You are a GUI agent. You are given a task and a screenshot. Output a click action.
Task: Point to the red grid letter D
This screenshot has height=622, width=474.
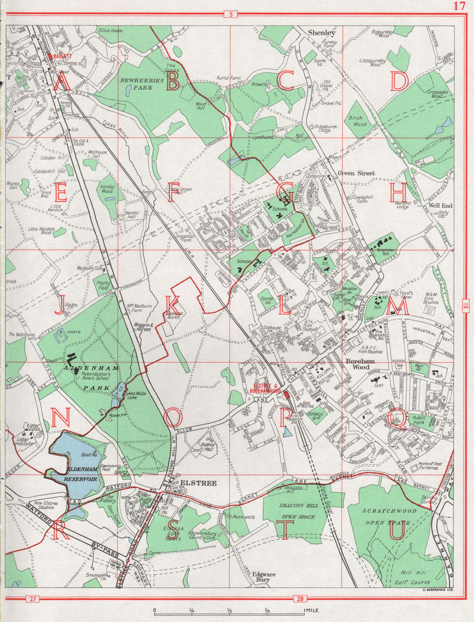point(399,82)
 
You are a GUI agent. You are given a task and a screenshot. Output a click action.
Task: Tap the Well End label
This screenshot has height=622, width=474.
point(440,206)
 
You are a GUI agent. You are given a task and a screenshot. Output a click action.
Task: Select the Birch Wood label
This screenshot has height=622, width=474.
point(358,121)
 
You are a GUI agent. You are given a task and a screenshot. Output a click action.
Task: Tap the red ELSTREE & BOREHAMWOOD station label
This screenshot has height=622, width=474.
point(267,388)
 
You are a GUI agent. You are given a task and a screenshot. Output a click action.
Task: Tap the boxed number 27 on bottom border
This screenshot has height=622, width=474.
point(32,598)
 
